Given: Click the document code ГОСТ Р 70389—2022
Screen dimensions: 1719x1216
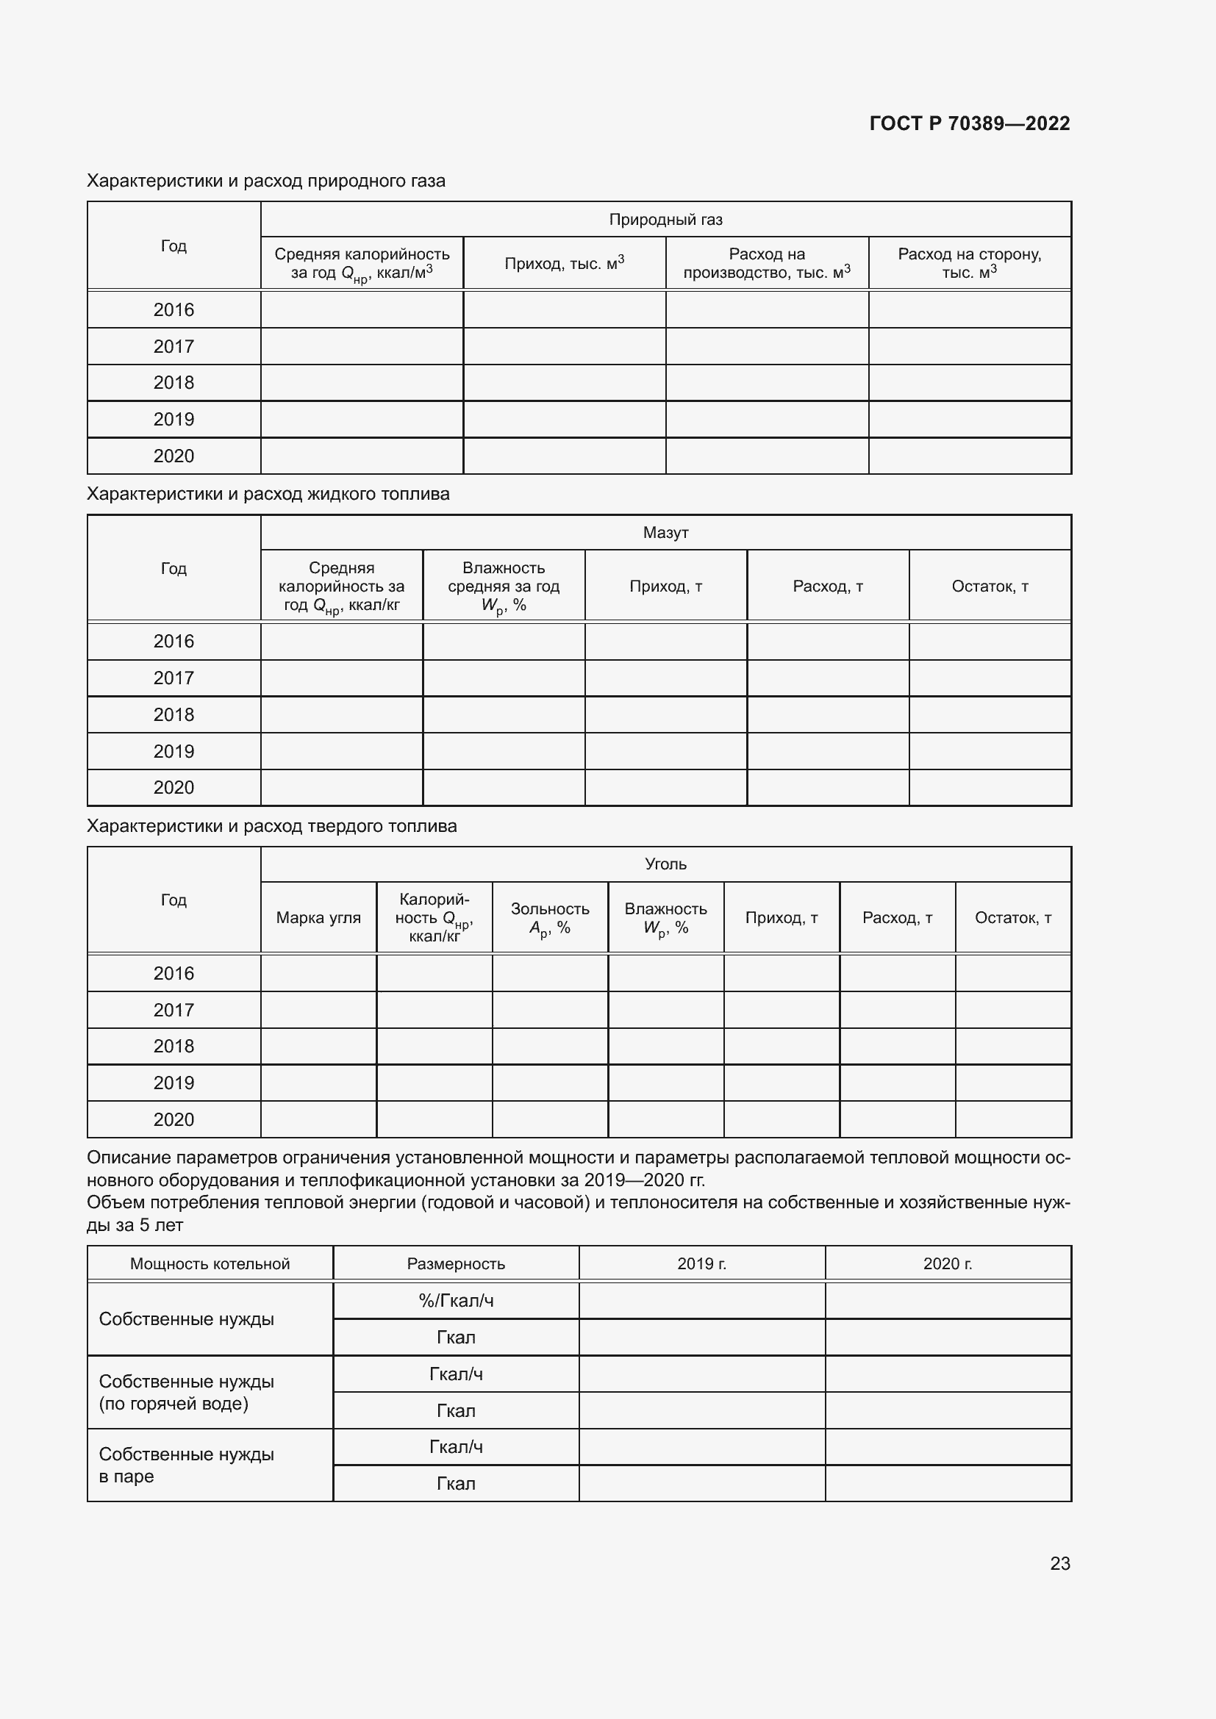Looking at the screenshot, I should pos(969,123).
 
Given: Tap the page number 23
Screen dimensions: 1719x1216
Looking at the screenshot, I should pos(1059,1562).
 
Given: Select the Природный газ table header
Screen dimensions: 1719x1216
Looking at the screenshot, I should pos(665,219).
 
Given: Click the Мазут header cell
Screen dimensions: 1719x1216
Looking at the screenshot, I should pos(665,532).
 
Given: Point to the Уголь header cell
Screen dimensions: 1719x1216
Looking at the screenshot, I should pos(665,864).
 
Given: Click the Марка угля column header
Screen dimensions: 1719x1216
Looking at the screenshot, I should pos(318,917).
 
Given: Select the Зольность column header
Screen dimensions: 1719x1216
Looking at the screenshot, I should pos(550,917).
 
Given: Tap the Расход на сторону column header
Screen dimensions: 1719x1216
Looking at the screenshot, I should pos(969,263).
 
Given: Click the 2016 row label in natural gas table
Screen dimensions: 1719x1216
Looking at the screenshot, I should pos(174,310).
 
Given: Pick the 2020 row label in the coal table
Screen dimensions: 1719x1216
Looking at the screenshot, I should pos(174,1119).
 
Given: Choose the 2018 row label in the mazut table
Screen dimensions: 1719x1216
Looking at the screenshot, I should pos(174,714).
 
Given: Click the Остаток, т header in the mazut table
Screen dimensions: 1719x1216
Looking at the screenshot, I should pos(989,586).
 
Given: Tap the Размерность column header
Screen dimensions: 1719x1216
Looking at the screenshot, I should pos(455,1264).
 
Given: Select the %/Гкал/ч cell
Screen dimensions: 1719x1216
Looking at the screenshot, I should pos(455,1301).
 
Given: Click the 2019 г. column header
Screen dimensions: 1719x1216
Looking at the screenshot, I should pos(701,1264).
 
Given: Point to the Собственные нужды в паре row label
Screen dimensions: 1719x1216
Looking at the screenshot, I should pos(187,1465).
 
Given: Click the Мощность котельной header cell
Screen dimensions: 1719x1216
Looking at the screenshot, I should pos(210,1264).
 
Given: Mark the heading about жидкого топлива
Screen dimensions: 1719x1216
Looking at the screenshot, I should pos(268,494).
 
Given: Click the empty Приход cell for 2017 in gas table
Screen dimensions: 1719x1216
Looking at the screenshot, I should pos(564,347).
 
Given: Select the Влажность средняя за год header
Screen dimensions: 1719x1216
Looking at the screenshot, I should pos(503,586).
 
